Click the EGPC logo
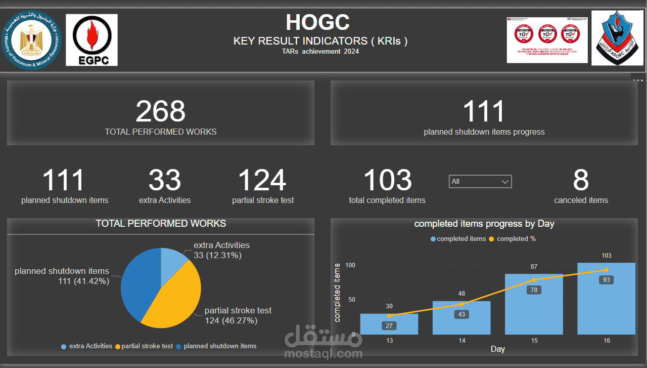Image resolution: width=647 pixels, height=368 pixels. point(91,40)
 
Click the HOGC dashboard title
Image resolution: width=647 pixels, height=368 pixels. point(317,23)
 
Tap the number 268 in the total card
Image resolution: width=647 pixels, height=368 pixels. point(161,111)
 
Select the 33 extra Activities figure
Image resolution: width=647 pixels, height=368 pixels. point(165,180)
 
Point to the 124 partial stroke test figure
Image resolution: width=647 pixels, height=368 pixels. point(262,180)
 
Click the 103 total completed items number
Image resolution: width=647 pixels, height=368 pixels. point(388,180)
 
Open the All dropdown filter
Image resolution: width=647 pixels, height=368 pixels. point(480,181)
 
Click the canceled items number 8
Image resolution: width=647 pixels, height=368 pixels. point(581,180)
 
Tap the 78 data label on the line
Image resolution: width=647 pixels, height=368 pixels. point(534,290)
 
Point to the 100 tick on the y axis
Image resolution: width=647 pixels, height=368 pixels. point(350,265)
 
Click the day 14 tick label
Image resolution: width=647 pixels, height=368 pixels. point(462,341)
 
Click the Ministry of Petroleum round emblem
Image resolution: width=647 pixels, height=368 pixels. point(32,40)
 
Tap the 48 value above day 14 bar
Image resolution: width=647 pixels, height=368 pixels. point(461,294)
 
